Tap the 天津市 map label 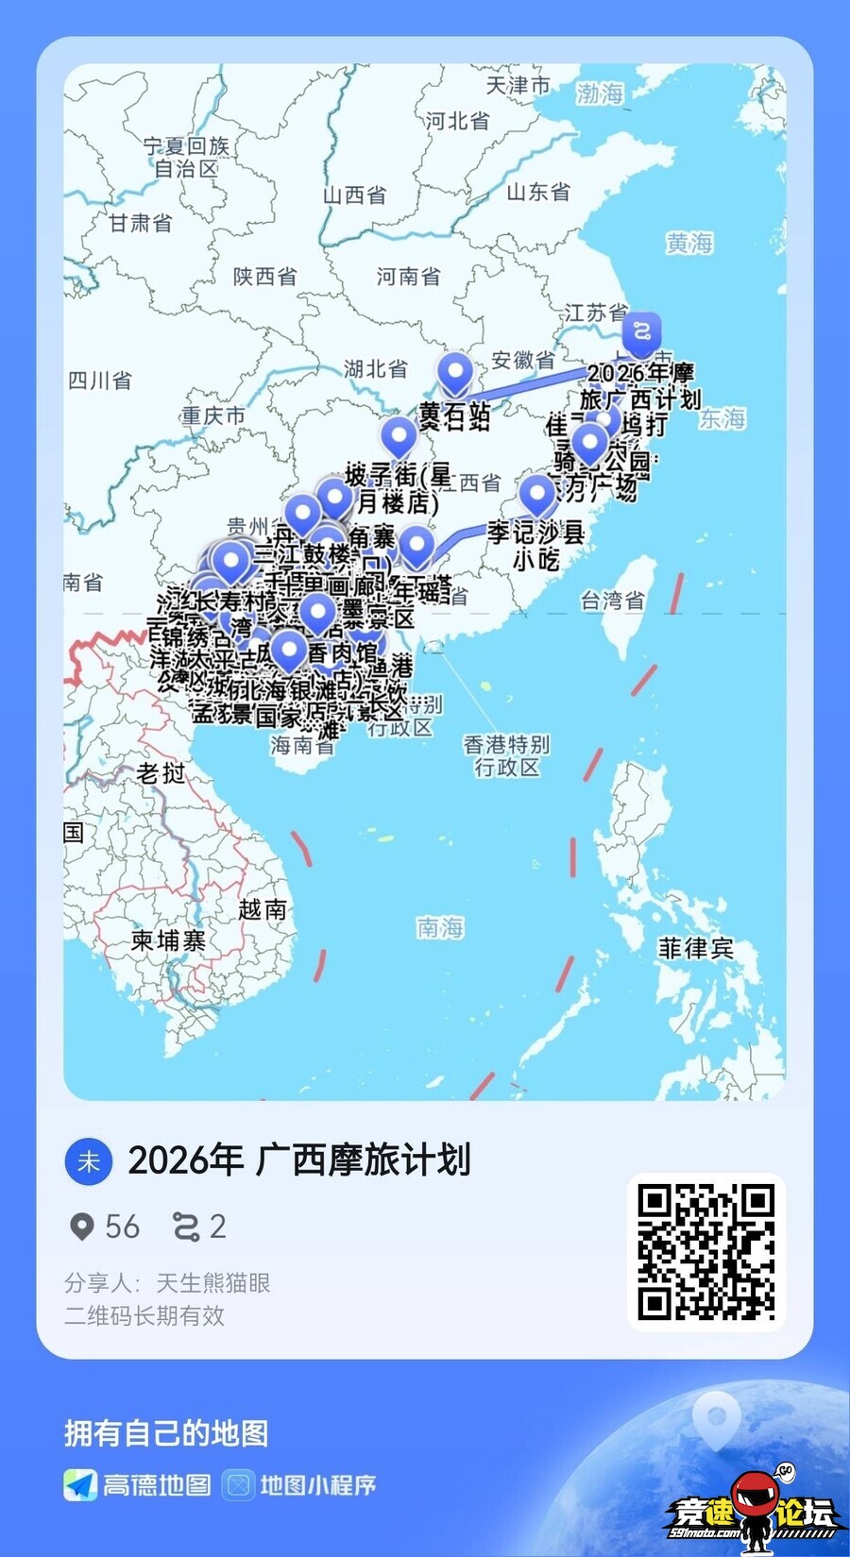click(x=518, y=85)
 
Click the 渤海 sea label click(x=601, y=93)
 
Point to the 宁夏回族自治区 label click(x=186, y=157)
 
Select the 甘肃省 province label click(x=141, y=223)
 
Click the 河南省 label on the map click(x=408, y=277)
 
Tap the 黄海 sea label click(x=688, y=244)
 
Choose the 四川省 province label click(x=100, y=381)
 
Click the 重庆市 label click(x=213, y=415)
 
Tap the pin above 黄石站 click(x=454, y=373)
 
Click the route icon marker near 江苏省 click(x=641, y=332)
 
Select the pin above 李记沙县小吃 click(x=537, y=494)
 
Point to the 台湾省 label click(x=612, y=600)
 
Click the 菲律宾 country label click(x=696, y=948)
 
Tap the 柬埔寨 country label click(x=168, y=940)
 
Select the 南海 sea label click(x=440, y=928)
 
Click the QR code click(x=706, y=1252)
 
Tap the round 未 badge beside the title click(x=88, y=1161)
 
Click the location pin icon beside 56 click(x=82, y=1227)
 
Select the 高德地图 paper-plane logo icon click(x=80, y=1485)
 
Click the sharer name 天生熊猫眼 click(x=212, y=1283)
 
